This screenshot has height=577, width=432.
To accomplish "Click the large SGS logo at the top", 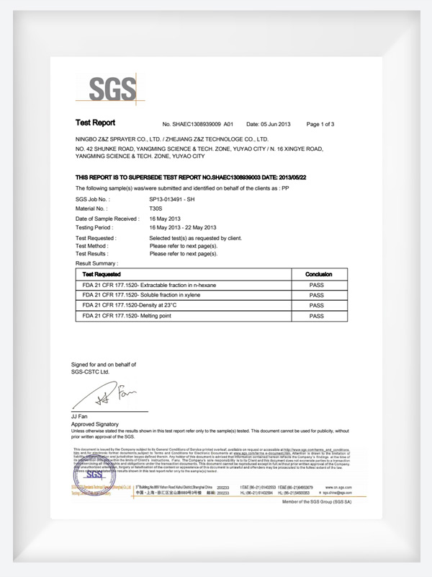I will tap(112, 89).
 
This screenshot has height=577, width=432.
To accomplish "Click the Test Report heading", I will tap(95, 123).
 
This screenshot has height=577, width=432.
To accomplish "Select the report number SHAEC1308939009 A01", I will tap(198, 124).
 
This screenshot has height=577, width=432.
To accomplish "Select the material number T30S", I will tap(156, 208).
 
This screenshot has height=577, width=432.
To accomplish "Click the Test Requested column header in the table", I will tap(102, 275).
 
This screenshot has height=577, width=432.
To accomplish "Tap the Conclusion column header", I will tap(318, 275).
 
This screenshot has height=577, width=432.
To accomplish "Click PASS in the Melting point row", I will tap(317, 316).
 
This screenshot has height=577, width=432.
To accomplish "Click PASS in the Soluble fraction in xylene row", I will tap(317, 296).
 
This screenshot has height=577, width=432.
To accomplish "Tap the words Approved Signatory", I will tap(96, 425).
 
